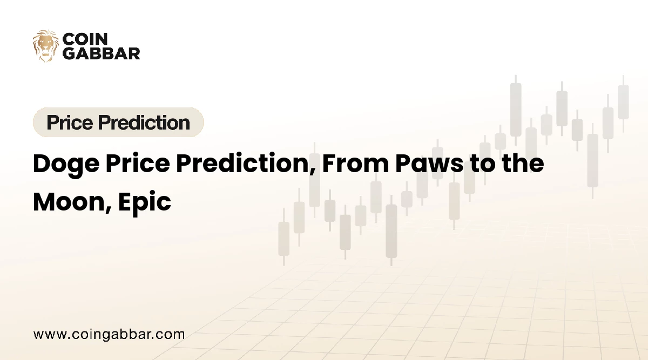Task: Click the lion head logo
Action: click(45, 46)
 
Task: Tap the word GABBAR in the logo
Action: click(102, 53)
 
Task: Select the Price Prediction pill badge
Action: click(118, 123)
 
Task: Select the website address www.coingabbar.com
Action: click(109, 334)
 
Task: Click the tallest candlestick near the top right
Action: click(516, 110)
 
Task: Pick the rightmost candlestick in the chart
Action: click(623, 102)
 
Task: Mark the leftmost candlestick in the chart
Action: click(283, 238)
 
